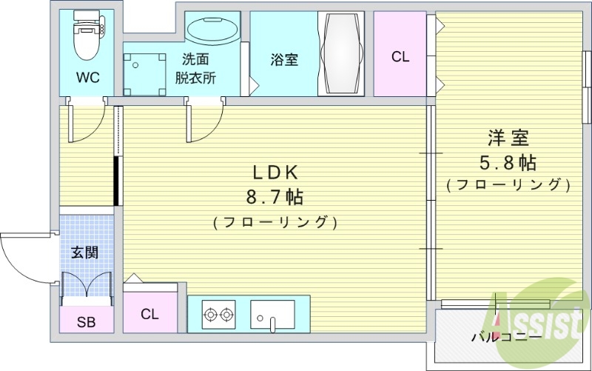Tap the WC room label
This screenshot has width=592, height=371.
coord(87,76)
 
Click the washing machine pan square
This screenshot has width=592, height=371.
coord(145,70)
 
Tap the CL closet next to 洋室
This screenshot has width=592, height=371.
coord(400,56)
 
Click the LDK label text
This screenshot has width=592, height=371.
coord(275,173)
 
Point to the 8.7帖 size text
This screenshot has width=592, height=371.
coord(275,197)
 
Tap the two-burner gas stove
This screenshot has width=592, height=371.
coord(219,315)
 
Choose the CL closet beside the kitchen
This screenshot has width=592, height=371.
coord(150,314)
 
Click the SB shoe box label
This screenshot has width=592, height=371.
coord(87,322)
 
